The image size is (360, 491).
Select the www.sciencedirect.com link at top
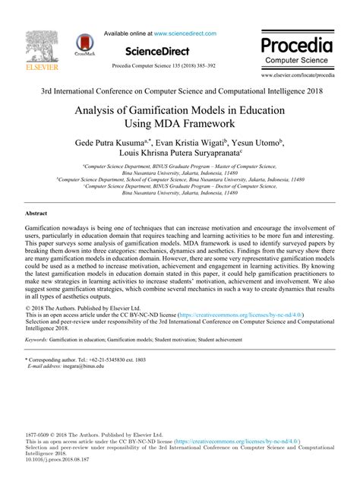[185, 33]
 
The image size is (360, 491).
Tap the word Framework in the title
[207, 123]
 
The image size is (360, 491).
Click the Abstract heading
[36, 214]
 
